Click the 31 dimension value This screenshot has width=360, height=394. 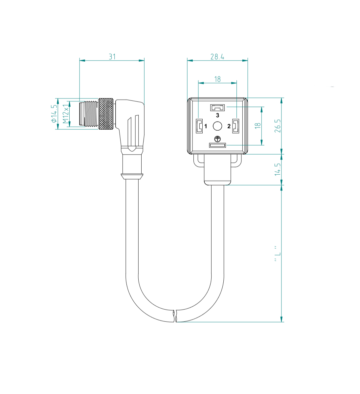[x=112, y=57]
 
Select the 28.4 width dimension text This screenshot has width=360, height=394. [x=217, y=57]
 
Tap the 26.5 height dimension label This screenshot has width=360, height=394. [x=278, y=126]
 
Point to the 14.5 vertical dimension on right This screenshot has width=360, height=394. [x=278, y=169]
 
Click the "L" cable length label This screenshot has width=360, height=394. [x=278, y=253]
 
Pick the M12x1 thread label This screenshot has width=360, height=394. [x=66, y=114]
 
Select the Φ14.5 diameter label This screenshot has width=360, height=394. [x=54, y=114]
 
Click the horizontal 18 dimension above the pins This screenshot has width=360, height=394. [x=217, y=79]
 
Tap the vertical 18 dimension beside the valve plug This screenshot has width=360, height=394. [x=258, y=126]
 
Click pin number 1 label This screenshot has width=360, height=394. [x=206, y=126]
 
